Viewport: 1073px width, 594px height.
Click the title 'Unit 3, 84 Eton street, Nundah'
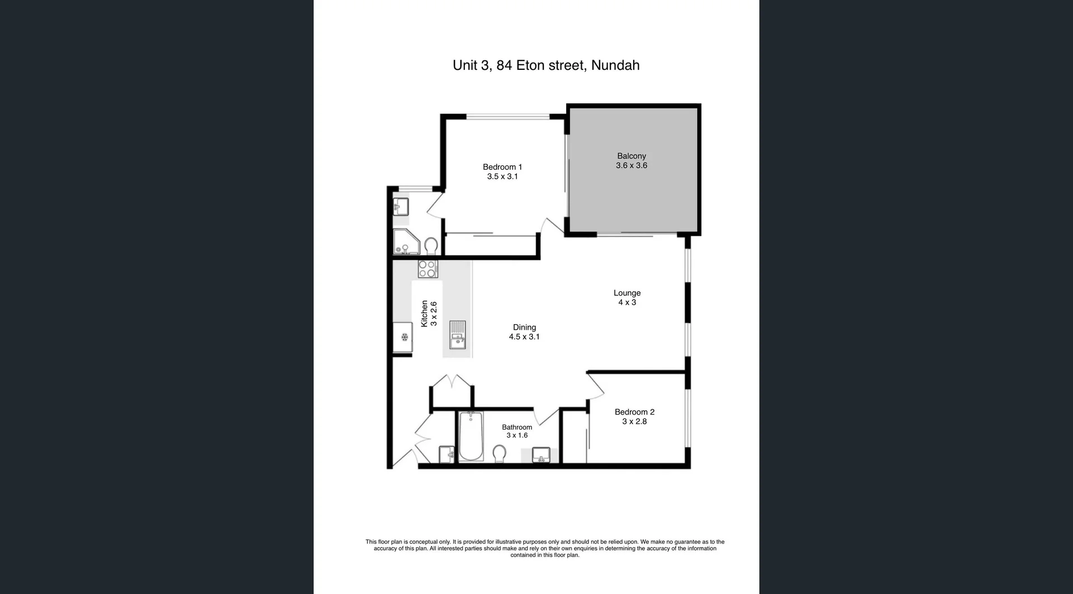click(545, 65)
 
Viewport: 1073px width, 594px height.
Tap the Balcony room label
click(631, 156)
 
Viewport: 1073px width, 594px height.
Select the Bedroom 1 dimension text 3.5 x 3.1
click(502, 177)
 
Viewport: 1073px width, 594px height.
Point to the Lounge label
click(626, 293)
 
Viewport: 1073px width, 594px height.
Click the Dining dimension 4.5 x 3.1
click(524, 337)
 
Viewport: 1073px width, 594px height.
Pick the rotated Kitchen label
click(424, 313)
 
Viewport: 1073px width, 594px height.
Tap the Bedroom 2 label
click(634, 412)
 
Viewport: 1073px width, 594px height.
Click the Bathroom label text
click(516, 427)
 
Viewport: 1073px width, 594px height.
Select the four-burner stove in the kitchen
click(428, 269)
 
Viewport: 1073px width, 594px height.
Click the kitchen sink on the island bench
click(457, 335)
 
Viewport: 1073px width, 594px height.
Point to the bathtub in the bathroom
click(471, 436)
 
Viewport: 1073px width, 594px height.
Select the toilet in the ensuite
click(431, 245)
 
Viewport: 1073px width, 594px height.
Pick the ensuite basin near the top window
click(400, 207)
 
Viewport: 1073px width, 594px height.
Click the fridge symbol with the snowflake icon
click(403, 337)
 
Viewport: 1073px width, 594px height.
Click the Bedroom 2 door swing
click(596, 386)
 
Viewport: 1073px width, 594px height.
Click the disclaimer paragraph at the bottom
click(545, 548)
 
